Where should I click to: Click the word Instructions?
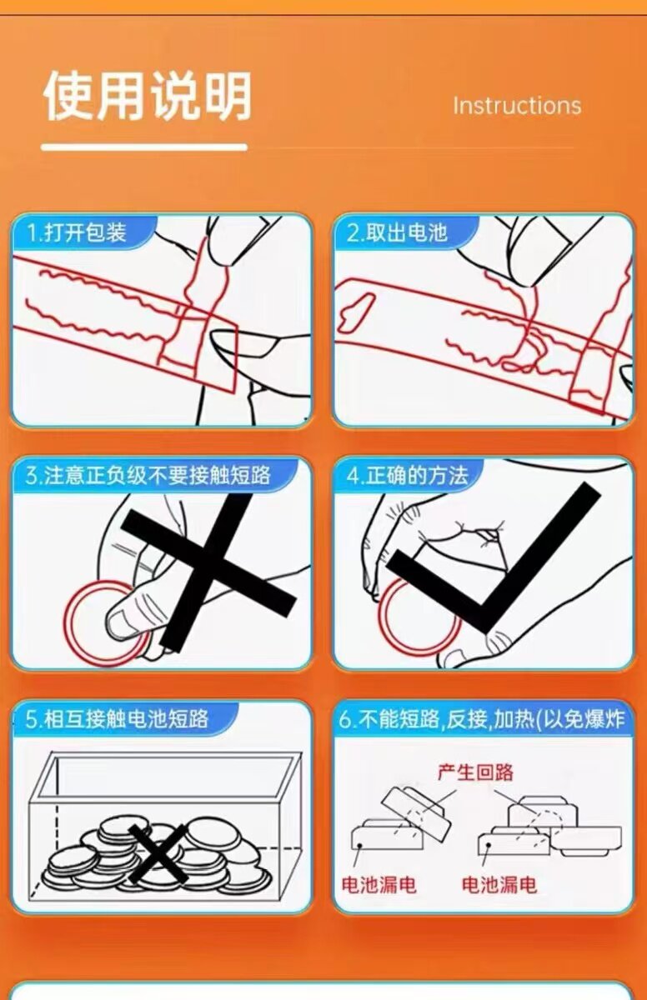(517, 106)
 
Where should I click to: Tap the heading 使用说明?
(148, 96)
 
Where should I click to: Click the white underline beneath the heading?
(144, 147)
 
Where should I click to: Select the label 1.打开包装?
(77, 232)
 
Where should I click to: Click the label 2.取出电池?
(398, 232)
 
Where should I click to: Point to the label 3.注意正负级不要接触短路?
(148, 475)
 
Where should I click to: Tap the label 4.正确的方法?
(408, 475)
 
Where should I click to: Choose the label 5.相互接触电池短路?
(117, 718)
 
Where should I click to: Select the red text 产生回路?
(475, 772)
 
